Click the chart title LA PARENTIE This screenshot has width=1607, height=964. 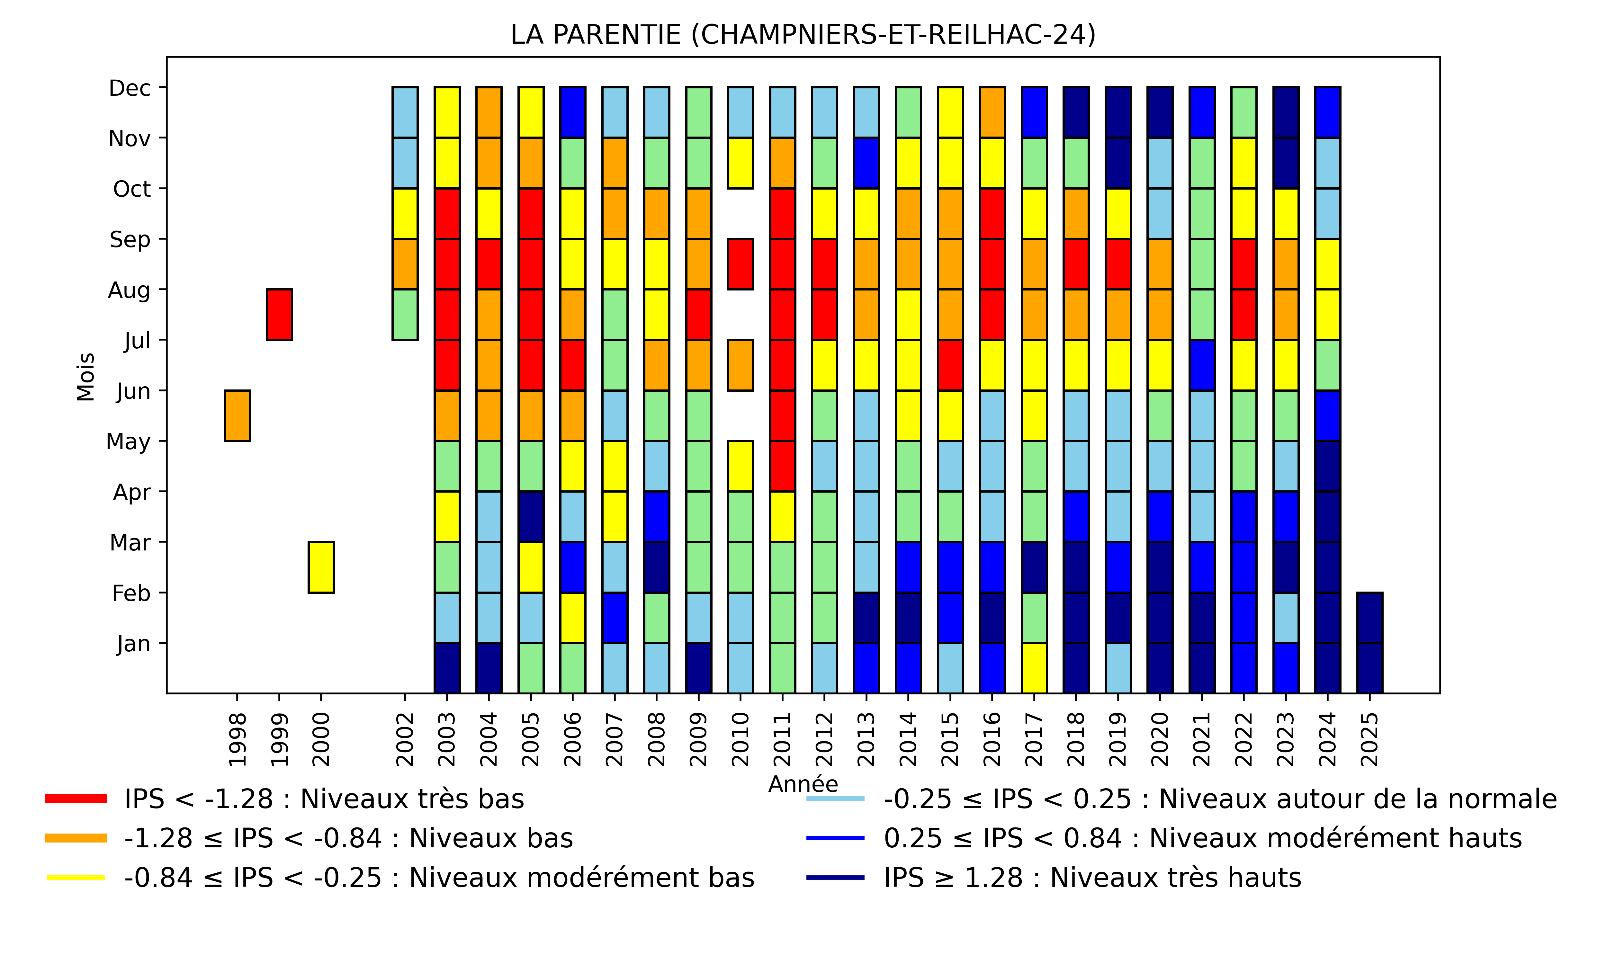(x=803, y=34)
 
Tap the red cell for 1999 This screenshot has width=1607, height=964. (x=279, y=314)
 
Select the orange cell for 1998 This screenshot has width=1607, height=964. (x=237, y=416)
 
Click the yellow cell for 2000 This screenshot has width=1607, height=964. (x=321, y=567)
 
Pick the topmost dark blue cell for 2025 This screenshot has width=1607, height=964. (x=1369, y=618)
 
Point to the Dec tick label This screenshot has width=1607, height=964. (x=130, y=88)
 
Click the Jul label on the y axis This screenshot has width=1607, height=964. (x=137, y=340)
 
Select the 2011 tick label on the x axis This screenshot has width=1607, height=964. (x=783, y=739)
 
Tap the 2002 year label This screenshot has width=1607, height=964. (x=405, y=739)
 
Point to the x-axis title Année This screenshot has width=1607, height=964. (x=803, y=784)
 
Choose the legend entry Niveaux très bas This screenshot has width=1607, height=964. (x=323, y=799)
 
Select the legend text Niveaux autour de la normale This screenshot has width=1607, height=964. (x=1220, y=799)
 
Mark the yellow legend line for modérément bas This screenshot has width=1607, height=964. (x=76, y=878)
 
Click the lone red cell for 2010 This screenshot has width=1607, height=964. (x=741, y=264)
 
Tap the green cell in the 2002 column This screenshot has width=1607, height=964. (x=405, y=314)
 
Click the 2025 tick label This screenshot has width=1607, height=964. (x=1369, y=739)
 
